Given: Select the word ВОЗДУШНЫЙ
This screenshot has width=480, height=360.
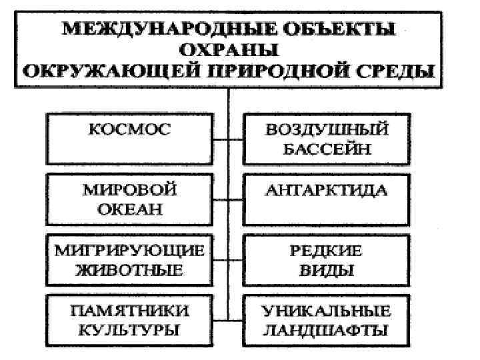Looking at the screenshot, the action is pyautogui.click(x=326, y=129).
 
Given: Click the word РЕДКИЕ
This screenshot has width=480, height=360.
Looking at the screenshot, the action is pyautogui.click(x=326, y=251).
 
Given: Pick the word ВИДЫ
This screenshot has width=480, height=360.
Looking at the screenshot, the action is pyautogui.click(x=326, y=271).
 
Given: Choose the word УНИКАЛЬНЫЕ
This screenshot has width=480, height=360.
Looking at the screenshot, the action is pyautogui.click(x=326, y=311).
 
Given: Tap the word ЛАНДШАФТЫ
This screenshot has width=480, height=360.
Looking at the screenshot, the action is pyautogui.click(x=326, y=330).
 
